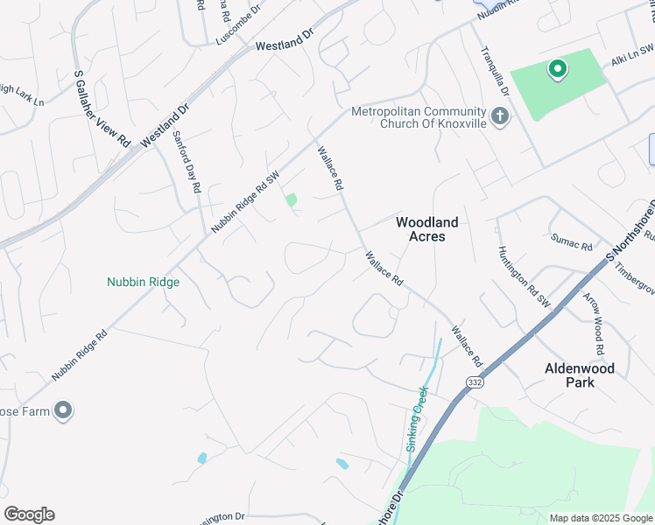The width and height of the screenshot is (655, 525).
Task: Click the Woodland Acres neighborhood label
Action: click(x=426, y=229)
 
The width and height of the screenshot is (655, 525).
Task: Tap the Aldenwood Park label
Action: click(x=580, y=375)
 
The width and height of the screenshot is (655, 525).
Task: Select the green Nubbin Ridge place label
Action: click(x=143, y=282)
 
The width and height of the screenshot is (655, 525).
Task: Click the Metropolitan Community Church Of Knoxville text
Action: click(x=419, y=117)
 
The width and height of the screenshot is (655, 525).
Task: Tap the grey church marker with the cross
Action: click(x=500, y=116)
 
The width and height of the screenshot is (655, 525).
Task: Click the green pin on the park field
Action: click(x=556, y=69)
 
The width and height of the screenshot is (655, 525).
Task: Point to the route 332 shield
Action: click(x=475, y=382)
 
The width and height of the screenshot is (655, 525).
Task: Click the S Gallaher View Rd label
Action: click(x=102, y=108)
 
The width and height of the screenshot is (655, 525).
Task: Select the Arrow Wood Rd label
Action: click(x=593, y=324)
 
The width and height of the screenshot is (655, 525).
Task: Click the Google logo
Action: click(x=29, y=514)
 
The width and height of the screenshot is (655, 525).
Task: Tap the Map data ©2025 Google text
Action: click(x=601, y=518)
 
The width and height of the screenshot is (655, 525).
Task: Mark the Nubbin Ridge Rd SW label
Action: click(x=245, y=200)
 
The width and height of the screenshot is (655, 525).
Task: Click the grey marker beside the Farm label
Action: click(x=62, y=409)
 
